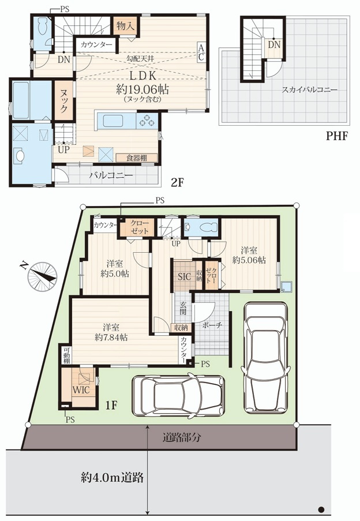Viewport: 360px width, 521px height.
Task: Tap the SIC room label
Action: coord(184,276)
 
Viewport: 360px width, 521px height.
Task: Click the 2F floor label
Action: coord(177,182)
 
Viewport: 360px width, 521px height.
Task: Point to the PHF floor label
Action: coord(336,136)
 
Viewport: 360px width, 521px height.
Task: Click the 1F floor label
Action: coord(111,405)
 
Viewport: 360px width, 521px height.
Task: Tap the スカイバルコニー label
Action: coord(309,89)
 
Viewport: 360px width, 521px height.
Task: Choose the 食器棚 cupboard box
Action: coord(137,158)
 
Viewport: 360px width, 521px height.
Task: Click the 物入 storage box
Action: coord(126,26)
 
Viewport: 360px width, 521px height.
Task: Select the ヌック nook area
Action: coord(64,101)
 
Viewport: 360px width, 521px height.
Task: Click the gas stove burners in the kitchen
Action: coord(147,121)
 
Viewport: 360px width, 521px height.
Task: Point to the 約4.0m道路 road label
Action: coord(112,478)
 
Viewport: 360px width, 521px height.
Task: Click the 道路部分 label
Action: coord(181,437)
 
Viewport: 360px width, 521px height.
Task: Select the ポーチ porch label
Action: coord(212,325)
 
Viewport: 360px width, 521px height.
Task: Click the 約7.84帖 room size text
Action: coord(111,338)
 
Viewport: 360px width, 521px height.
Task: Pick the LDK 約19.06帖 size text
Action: coord(142,89)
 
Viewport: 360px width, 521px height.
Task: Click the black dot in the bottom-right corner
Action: coord(321,509)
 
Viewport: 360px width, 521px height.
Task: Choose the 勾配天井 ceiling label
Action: coord(141,58)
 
